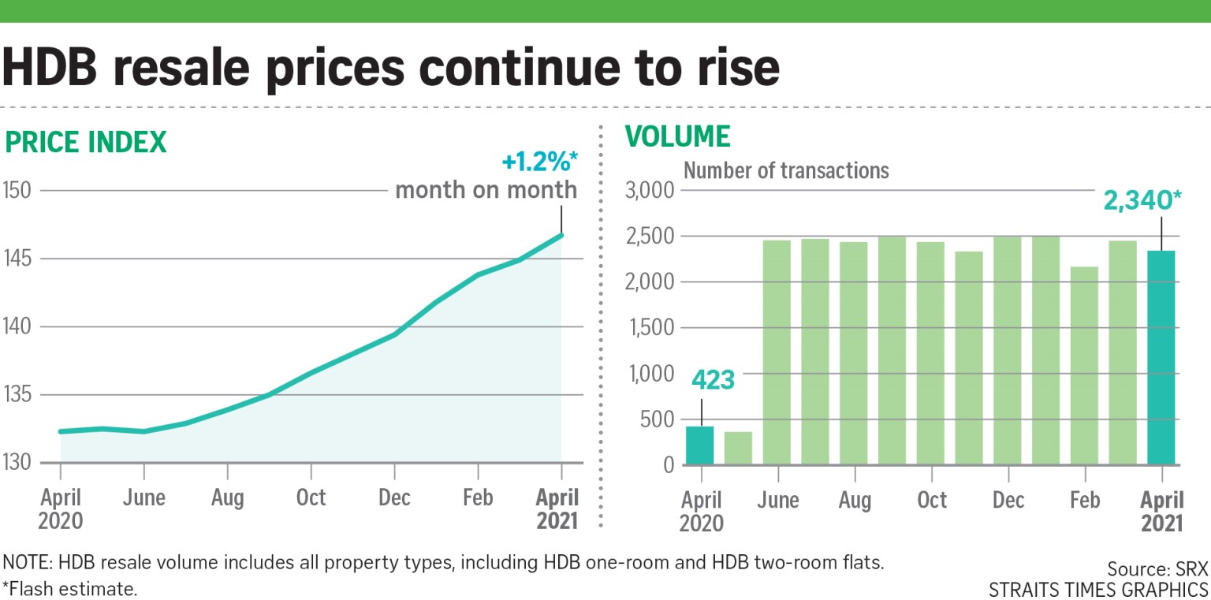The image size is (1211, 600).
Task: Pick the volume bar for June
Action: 777,352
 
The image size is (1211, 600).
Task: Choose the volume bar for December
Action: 1008,351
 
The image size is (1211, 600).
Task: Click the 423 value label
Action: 714,380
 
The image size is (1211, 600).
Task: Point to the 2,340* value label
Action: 1143,202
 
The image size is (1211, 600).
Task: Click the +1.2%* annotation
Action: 540,163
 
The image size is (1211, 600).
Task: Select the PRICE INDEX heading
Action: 86,142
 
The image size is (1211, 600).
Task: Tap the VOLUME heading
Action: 678,136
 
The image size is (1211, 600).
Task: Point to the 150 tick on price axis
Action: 17,191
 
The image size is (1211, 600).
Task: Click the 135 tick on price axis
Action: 17,395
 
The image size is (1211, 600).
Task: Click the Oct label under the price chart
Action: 311,498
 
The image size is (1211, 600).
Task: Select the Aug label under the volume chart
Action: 855,500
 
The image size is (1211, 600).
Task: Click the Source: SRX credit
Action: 1157,569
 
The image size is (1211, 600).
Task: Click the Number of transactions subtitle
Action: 785,170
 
